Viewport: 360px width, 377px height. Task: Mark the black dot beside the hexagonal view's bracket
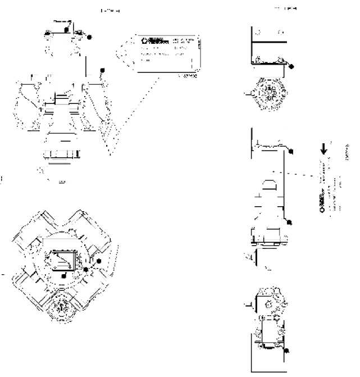tap(291, 66)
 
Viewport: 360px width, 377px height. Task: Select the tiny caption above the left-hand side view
tap(110, 10)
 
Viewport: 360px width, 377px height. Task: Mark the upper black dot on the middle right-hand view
tap(291, 151)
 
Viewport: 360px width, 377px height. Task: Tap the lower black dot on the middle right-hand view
tap(289, 222)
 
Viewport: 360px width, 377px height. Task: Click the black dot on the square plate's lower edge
tap(64, 276)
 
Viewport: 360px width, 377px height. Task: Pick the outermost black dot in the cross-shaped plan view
tap(99, 261)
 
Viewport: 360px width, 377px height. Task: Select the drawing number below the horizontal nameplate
tap(189, 76)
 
